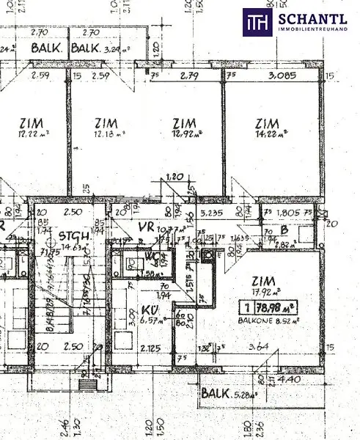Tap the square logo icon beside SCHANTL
(258, 21)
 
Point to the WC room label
(153, 257)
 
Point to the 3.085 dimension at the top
(282, 75)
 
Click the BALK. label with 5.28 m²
(228, 392)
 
